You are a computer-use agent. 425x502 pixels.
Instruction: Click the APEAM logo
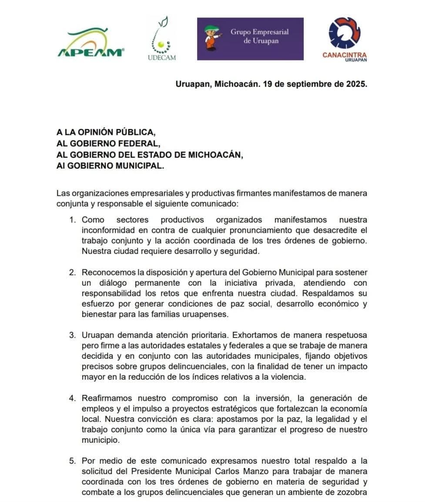tap(90, 44)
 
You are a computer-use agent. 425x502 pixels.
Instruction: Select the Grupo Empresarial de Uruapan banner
tap(250, 39)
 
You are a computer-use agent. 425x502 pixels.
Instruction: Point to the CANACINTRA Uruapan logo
tap(345, 40)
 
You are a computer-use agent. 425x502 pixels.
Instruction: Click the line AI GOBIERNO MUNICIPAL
tap(110, 166)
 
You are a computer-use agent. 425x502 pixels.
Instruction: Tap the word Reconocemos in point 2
tap(104, 272)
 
